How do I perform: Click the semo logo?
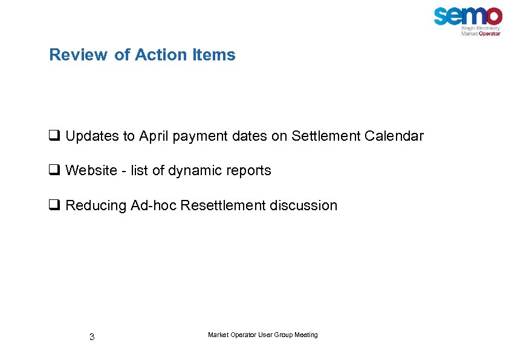click(x=467, y=16)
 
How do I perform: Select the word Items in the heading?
click(x=214, y=55)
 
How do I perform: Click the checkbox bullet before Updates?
click(x=54, y=137)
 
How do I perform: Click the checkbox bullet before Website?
click(x=54, y=171)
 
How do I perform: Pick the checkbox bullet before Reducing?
click(x=54, y=206)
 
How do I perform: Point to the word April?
click(x=154, y=137)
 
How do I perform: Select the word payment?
click(x=198, y=137)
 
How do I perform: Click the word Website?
click(x=91, y=171)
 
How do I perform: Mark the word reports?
click(x=248, y=171)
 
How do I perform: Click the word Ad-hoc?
click(x=156, y=205)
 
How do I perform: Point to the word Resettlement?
click(x=223, y=205)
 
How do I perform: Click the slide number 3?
click(x=92, y=337)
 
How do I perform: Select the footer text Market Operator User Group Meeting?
click(x=262, y=335)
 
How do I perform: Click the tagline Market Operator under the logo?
click(x=481, y=34)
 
